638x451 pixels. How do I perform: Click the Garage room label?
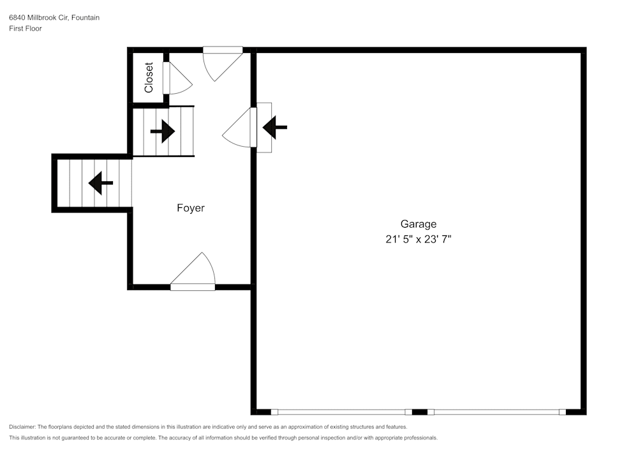(419, 224)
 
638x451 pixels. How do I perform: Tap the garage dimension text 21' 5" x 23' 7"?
(419, 240)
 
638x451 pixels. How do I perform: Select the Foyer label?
(191, 208)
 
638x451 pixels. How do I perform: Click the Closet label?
(149, 77)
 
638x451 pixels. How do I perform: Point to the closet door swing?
(177, 79)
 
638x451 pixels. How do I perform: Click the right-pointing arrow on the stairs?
(163, 132)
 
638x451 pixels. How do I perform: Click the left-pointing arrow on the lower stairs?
(100, 183)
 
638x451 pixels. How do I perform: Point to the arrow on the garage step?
(275, 128)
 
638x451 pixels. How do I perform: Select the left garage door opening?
(342, 412)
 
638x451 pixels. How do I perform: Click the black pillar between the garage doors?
(420, 412)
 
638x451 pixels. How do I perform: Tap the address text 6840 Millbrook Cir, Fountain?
(54, 18)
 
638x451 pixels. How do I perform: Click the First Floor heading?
(26, 29)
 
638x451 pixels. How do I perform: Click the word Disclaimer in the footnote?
(22, 427)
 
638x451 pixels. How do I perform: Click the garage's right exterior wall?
(583, 230)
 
